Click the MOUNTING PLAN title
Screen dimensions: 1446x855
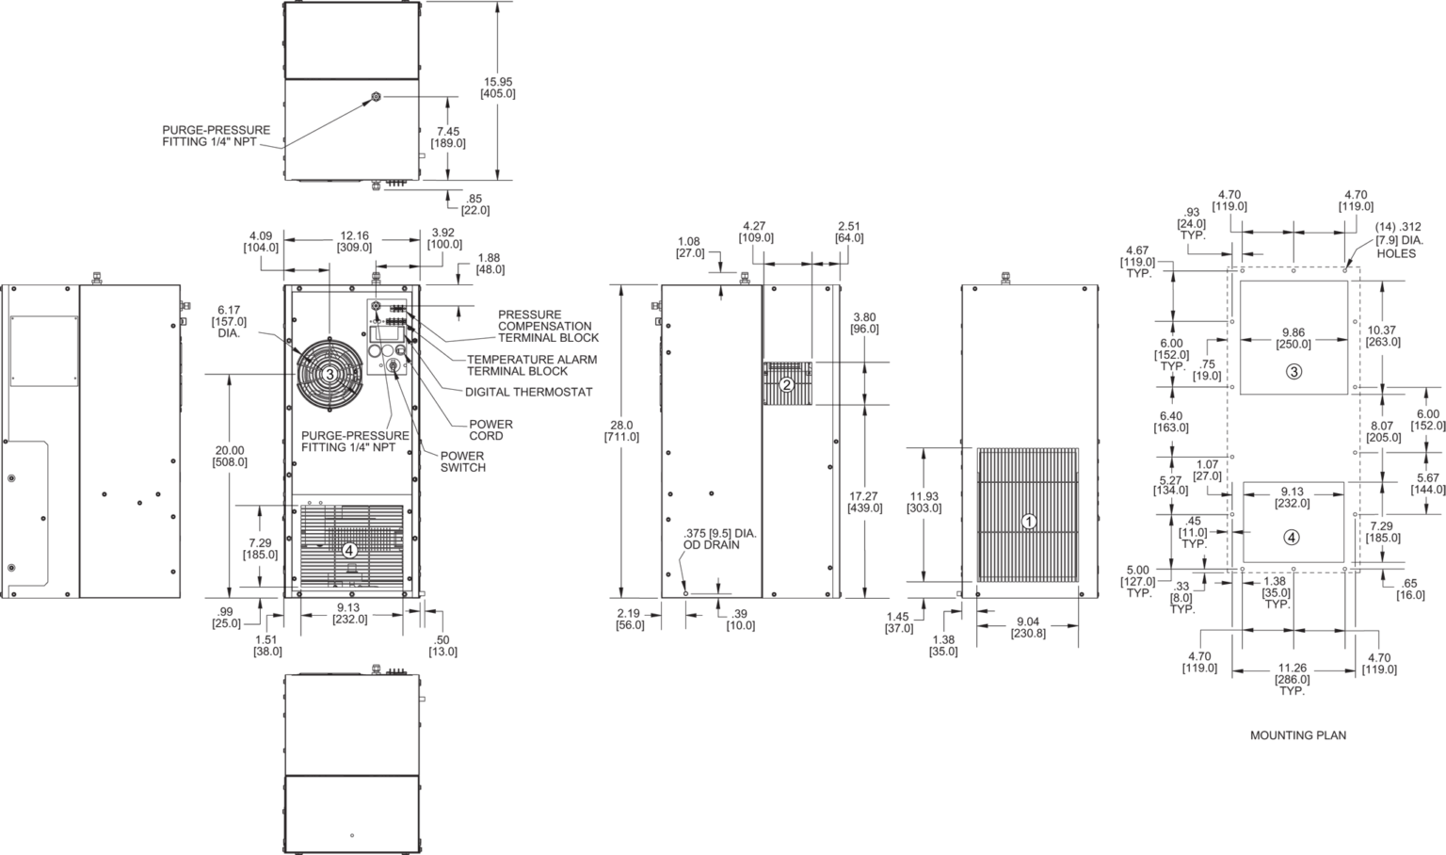click(1298, 734)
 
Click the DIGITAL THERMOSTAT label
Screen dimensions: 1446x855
click(529, 392)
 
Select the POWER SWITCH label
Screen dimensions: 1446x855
click(463, 461)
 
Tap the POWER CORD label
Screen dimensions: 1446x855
click(490, 430)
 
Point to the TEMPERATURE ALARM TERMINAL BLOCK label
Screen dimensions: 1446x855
click(532, 365)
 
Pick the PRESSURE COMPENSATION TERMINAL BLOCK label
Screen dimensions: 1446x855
click(548, 326)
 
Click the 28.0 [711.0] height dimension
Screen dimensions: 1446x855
click(621, 430)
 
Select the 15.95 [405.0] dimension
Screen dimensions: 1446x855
click(498, 88)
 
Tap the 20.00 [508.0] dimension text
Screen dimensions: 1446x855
click(229, 456)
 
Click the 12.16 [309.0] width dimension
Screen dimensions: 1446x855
click(354, 241)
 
